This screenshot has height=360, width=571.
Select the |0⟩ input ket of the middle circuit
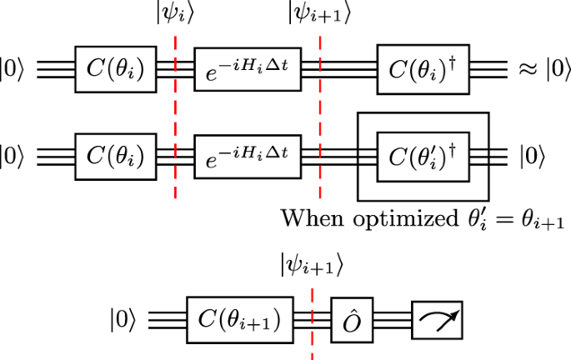tap(16, 155)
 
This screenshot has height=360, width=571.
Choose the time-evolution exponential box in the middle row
tap(246, 155)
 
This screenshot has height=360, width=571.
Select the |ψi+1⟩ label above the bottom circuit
tap(312, 266)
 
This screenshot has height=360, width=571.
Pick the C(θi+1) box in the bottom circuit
tap(239, 319)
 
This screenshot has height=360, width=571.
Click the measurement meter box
tap(436, 319)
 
